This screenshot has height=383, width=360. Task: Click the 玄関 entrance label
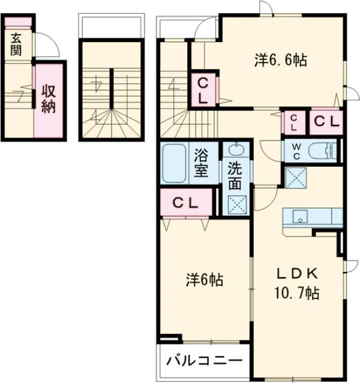[16, 44]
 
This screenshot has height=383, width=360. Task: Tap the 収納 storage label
[49, 98]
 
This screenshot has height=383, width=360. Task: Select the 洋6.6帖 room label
[281, 60]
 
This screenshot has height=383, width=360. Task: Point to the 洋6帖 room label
[205, 280]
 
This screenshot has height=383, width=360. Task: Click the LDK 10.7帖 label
[297, 283]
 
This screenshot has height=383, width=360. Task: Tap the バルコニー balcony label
[204, 360]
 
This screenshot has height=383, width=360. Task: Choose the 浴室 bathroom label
[201, 163]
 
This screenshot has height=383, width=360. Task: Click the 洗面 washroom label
[235, 176]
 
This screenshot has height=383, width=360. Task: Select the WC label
[296, 151]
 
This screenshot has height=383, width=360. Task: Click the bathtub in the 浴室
[174, 163]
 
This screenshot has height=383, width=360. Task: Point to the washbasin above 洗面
[236, 149]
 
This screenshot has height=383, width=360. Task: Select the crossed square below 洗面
[237, 205]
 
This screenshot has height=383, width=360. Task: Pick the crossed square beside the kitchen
[296, 178]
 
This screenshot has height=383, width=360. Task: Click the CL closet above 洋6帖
[186, 202]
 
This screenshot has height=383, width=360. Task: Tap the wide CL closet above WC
[326, 122]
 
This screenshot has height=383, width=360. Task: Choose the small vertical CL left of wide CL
[294, 122]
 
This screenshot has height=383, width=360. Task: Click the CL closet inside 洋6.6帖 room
[203, 90]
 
